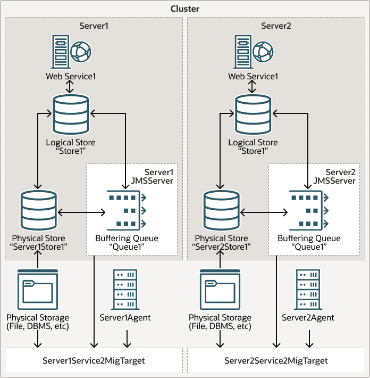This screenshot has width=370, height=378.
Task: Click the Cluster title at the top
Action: pyautogui.click(x=185, y=9)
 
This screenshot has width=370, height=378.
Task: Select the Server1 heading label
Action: pyautogui.click(x=94, y=26)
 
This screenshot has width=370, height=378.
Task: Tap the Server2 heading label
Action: pyautogui.click(x=275, y=26)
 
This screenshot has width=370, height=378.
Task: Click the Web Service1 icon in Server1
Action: pyautogui.click(x=71, y=52)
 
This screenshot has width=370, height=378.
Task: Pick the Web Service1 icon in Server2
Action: pyautogui.click(x=253, y=52)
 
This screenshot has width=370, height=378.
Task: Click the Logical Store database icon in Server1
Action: pyautogui.click(x=71, y=114)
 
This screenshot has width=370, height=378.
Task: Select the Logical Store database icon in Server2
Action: pyautogui.click(x=253, y=114)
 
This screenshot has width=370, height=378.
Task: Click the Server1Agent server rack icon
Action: pyautogui.click(x=125, y=289)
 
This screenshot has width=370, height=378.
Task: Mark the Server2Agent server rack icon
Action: pyautogui.click(x=308, y=289)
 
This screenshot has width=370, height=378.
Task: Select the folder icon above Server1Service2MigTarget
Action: pyautogui.click(x=37, y=289)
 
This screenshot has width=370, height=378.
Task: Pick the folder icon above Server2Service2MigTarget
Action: pyautogui.click(x=220, y=289)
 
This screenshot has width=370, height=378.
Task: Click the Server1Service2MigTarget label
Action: pyautogui.click(x=94, y=360)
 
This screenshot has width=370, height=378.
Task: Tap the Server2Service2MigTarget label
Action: pyautogui.click(x=276, y=360)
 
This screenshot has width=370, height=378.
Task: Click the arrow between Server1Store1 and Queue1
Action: pyautogui.click(x=81, y=213)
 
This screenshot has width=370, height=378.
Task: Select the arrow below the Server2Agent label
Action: pyautogui.click(x=308, y=338)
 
